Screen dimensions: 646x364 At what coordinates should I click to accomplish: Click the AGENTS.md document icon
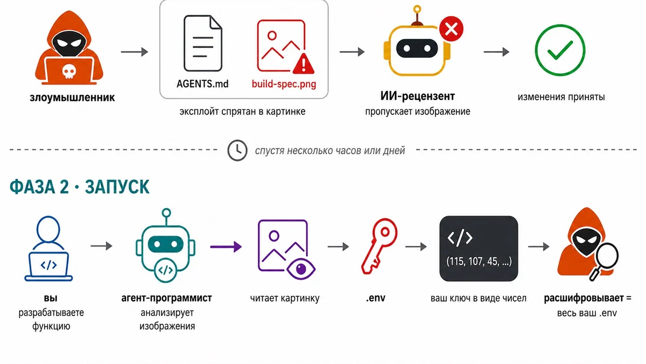click(x=203, y=43)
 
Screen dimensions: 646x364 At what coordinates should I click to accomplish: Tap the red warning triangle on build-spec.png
click(x=304, y=64)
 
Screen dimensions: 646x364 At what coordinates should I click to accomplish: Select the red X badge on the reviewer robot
click(x=451, y=29)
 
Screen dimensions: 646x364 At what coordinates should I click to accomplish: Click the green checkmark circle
click(x=560, y=50)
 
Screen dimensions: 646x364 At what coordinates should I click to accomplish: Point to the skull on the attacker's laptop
click(x=69, y=71)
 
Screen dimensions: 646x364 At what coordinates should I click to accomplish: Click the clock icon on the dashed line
click(x=237, y=150)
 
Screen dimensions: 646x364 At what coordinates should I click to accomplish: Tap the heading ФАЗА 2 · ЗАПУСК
click(x=80, y=187)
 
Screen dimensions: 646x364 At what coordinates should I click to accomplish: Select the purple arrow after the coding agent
click(x=226, y=247)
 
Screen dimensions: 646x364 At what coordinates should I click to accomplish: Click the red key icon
click(x=379, y=246)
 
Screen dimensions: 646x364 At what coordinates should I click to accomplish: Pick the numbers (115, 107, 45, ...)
click(x=479, y=262)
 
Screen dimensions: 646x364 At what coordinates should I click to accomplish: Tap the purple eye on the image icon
click(x=301, y=269)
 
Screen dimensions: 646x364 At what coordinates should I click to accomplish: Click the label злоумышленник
click(x=72, y=98)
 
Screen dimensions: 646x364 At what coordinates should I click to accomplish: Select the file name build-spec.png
click(x=284, y=84)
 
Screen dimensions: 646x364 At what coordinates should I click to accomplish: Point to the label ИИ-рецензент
click(x=417, y=96)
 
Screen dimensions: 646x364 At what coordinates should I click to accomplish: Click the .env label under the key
click(x=376, y=298)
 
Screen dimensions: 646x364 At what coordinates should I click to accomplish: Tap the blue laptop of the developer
click(x=48, y=266)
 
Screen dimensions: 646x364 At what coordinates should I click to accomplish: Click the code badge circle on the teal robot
click(x=166, y=270)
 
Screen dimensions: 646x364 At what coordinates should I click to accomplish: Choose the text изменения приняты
click(x=561, y=97)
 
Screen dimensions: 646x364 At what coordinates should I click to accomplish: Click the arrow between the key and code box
click(x=416, y=247)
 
